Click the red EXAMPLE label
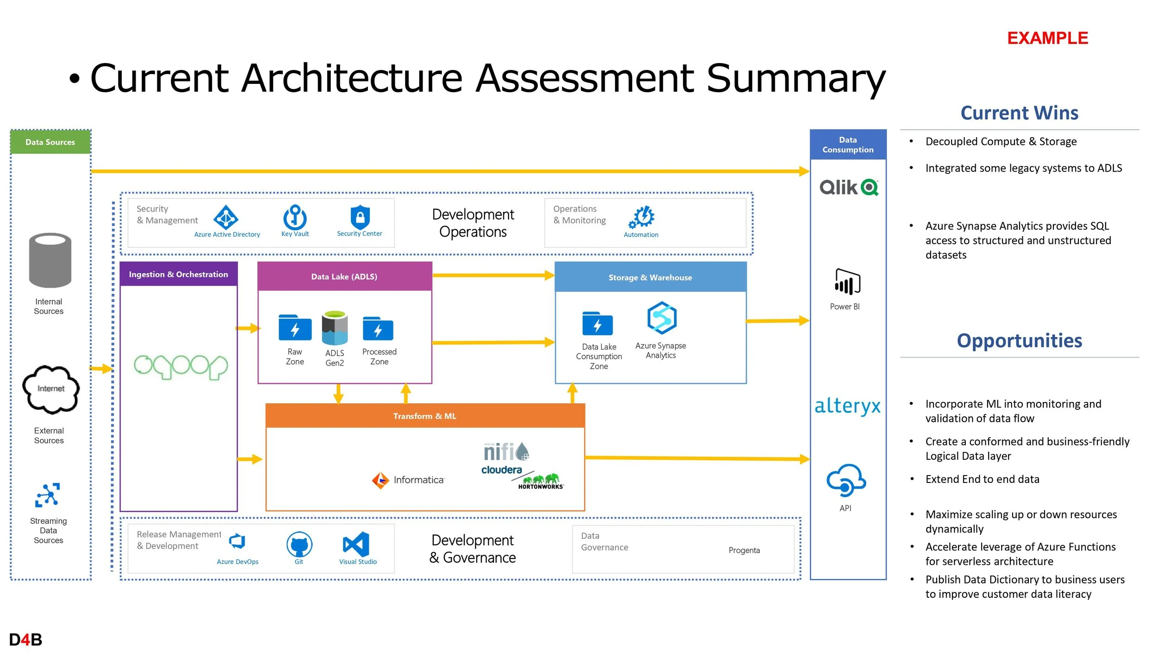click(x=1047, y=38)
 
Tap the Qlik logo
click(x=849, y=188)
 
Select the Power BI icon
click(x=847, y=282)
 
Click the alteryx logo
click(x=847, y=406)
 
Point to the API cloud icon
click(x=846, y=480)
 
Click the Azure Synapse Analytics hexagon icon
click(x=662, y=318)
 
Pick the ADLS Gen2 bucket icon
click(x=335, y=328)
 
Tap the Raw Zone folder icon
click(x=295, y=327)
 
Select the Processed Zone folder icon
click(x=378, y=328)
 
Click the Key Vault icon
click(x=295, y=217)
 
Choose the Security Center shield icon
click(x=360, y=217)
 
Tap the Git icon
click(x=299, y=544)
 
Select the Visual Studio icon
click(x=356, y=544)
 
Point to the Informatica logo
click(x=408, y=480)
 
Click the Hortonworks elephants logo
click(x=541, y=481)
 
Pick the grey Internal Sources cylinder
click(x=50, y=260)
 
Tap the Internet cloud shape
click(x=51, y=389)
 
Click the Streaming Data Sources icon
click(x=48, y=495)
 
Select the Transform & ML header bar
click(x=425, y=416)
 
